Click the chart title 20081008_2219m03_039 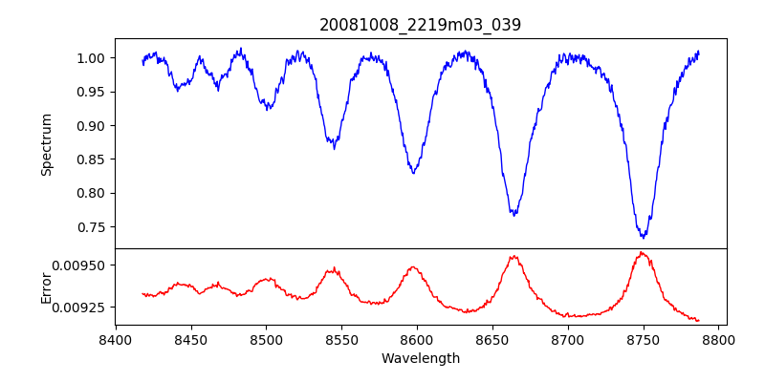(420, 25)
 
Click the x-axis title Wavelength (420, 359)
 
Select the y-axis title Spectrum (47, 144)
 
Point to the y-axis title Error (47, 286)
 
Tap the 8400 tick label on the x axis (116, 339)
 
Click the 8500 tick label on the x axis (266, 339)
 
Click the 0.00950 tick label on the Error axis (82, 265)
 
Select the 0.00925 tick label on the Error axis (82, 308)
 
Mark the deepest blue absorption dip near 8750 (644, 236)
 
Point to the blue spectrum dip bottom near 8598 (413, 173)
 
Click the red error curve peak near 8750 (642, 252)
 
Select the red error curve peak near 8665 (514, 256)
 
